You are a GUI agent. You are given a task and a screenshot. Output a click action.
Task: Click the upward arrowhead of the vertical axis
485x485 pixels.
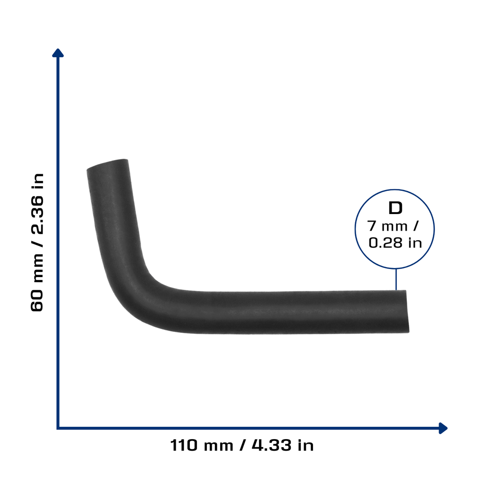pos(58,53)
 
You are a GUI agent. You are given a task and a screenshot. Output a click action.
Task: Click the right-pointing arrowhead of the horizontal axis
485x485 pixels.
pos(443,428)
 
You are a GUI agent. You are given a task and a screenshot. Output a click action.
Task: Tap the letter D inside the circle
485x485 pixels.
pos(395,208)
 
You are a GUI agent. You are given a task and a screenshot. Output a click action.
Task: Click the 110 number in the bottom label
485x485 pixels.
pos(183,445)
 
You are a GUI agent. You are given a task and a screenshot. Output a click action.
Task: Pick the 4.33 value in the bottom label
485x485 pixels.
pos(271,445)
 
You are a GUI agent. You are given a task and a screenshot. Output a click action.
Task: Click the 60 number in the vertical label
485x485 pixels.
pos(37,300)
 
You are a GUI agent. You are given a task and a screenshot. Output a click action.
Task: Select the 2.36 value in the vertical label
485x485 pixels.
pos(37,214)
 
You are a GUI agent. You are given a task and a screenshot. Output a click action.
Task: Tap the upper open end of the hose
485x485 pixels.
pos(108,164)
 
